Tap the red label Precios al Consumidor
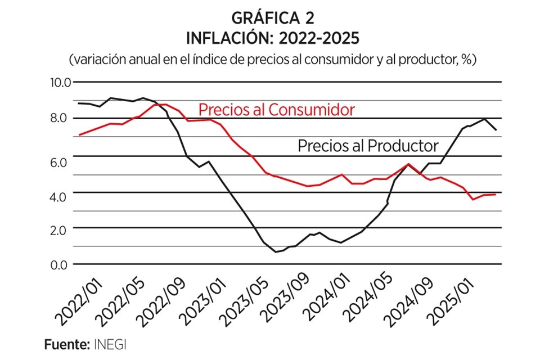point(276,109)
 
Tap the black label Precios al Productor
point(367,146)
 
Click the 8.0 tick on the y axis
point(60,118)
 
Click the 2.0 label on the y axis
point(60,229)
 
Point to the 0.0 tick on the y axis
point(60,264)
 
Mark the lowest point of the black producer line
point(276,251)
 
